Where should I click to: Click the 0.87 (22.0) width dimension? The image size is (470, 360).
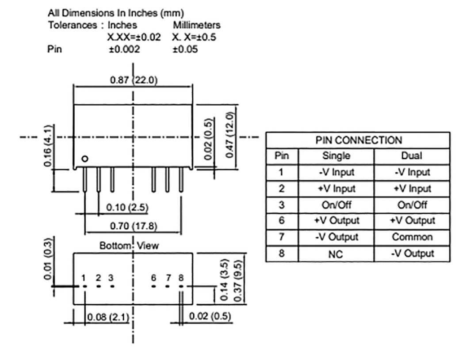pyautogui.click(x=134, y=80)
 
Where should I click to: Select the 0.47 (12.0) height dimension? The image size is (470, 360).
pyautogui.click(x=229, y=135)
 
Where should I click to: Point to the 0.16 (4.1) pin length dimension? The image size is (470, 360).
pyautogui.click(x=48, y=146)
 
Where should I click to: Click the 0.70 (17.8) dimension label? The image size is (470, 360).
pyautogui.click(x=133, y=226)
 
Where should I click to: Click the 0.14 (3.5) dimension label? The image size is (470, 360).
pyautogui.click(x=224, y=281)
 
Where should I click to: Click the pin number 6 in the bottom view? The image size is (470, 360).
pyautogui.click(x=153, y=277)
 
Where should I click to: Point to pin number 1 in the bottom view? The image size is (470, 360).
pyautogui.click(x=83, y=277)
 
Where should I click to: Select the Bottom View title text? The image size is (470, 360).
pyautogui.click(x=129, y=246)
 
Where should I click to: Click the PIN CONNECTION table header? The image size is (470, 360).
pyautogui.click(x=359, y=140)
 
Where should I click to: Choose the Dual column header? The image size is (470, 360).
pyautogui.click(x=411, y=155)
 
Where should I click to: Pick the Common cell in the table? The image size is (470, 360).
pyautogui.click(x=412, y=237)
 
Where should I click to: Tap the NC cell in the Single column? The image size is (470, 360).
pyautogui.click(x=336, y=254)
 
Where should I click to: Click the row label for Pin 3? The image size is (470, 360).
pyautogui.click(x=281, y=205)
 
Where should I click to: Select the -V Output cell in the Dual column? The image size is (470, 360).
pyautogui.click(x=412, y=253)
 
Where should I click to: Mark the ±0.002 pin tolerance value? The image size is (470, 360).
pyautogui.click(x=124, y=49)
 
